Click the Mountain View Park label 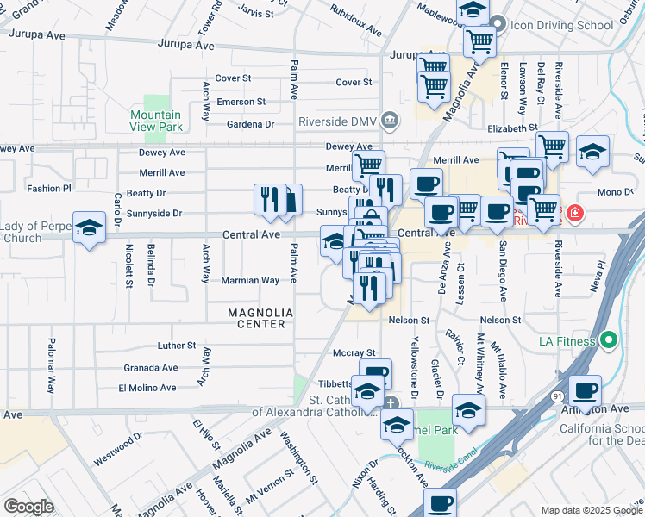point(156,121)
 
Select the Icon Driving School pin point(498,24)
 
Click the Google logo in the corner point(28,507)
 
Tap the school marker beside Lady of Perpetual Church point(89,227)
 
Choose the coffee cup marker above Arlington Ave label point(586,391)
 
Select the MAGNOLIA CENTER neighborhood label point(256,318)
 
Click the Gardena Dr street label point(245,124)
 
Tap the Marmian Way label point(250,280)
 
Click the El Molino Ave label point(147,389)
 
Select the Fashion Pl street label point(48,188)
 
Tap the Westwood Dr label point(118,450)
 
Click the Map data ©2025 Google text point(591,510)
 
